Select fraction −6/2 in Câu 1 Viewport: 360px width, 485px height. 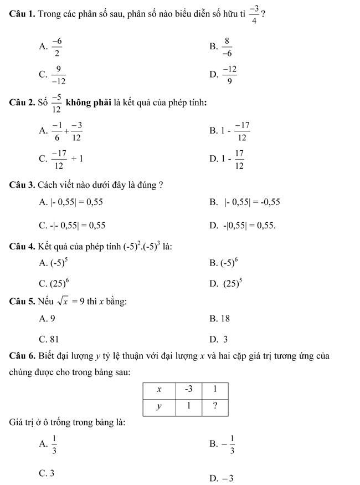click(x=58, y=48)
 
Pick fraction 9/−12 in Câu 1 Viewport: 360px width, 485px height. click(x=57, y=76)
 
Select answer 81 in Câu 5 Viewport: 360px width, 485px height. click(x=53, y=339)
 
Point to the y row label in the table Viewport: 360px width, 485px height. click(x=159, y=406)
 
